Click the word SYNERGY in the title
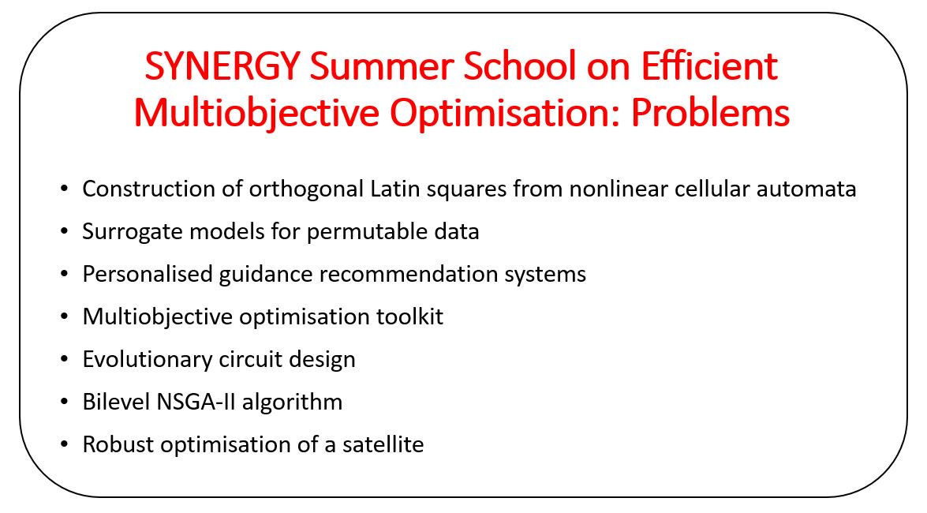pyautogui.click(x=222, y=66)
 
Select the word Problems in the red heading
pyautogui.click(x=710, y=112)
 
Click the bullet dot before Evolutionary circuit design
pyautogui.click(x=65, y=359)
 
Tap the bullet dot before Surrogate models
pyautogui.click(x=65, y=231)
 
